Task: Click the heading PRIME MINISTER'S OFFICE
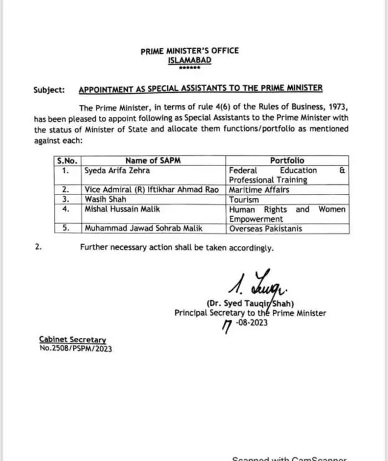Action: click(189, 51)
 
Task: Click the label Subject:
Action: click(49, 90)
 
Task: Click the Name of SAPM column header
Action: click(153, 161)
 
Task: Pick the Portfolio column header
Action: click(287, 161)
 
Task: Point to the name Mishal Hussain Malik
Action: click(122, 209)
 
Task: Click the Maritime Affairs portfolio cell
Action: click(259, 190)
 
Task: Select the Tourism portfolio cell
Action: click(244, 199)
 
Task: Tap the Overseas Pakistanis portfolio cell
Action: click(266, 229)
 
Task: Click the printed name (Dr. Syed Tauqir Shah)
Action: click(250, 303)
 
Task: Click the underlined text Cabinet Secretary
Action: click(72, 340)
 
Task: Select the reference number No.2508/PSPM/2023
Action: click(76, 348)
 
